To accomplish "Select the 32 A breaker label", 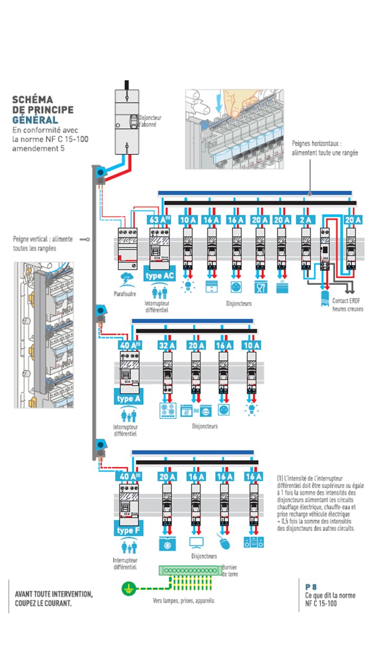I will (167, 345).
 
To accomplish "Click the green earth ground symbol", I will (127, 589).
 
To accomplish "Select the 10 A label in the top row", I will (187, 220).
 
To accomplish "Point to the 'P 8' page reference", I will (311, 587).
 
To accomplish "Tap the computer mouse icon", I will (224, 543).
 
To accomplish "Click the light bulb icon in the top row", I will (187, 285).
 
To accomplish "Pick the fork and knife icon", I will (260, 286).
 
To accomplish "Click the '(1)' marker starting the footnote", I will (281, 478).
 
